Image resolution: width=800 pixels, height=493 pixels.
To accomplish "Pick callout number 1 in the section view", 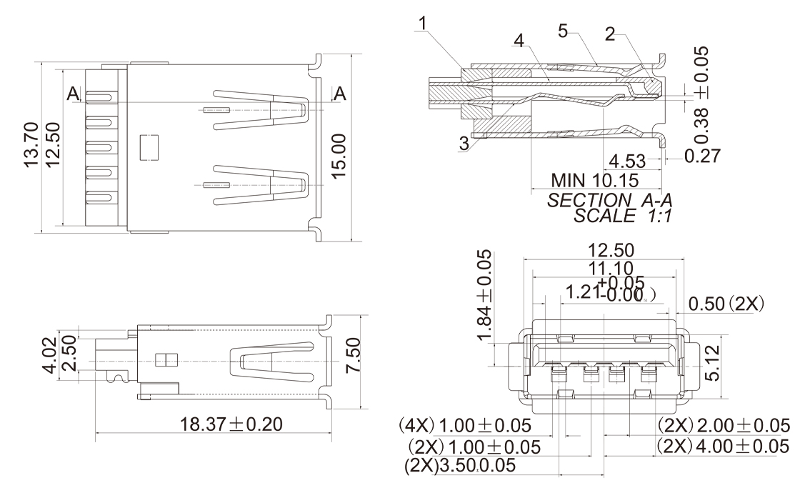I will coord(424,23).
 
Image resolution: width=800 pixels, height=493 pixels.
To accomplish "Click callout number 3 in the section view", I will coord(465,144).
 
